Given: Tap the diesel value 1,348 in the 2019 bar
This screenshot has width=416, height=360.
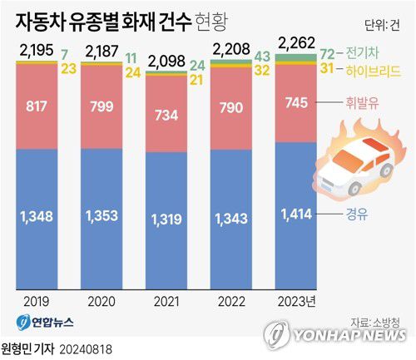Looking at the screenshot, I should pos(37,216).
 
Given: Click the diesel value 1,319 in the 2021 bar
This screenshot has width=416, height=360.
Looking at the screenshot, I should pos(168,219).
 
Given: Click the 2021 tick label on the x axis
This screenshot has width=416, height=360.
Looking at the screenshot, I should pos(169,302).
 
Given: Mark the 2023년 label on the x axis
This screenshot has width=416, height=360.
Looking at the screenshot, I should pos(301,302).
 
